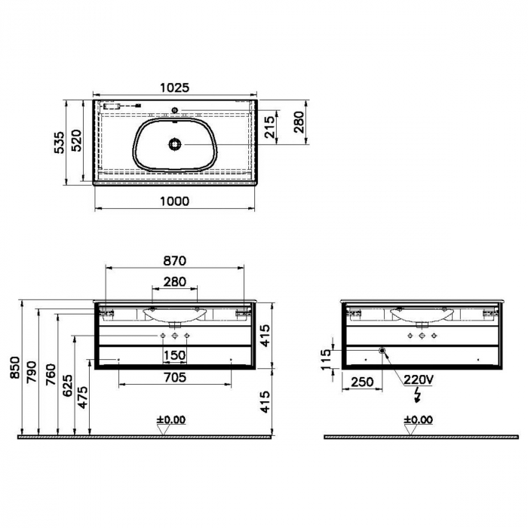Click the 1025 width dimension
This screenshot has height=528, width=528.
[x=175, y=87]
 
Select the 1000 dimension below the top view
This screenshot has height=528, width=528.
[x=175, y=201]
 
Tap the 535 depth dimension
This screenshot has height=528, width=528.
[x=60, y=142]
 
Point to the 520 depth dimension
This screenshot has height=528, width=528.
[x=77, y=140]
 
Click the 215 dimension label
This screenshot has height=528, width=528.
[x=269, y=127]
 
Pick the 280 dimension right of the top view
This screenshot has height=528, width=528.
[x=299, y=122]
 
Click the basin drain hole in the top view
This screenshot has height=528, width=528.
[x=175, y=145]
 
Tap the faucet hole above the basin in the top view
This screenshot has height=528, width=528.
[x=175, y=110]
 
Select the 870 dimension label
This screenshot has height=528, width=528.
[x=175, y=261]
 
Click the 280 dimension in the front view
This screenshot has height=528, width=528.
[x=175, y=281]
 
